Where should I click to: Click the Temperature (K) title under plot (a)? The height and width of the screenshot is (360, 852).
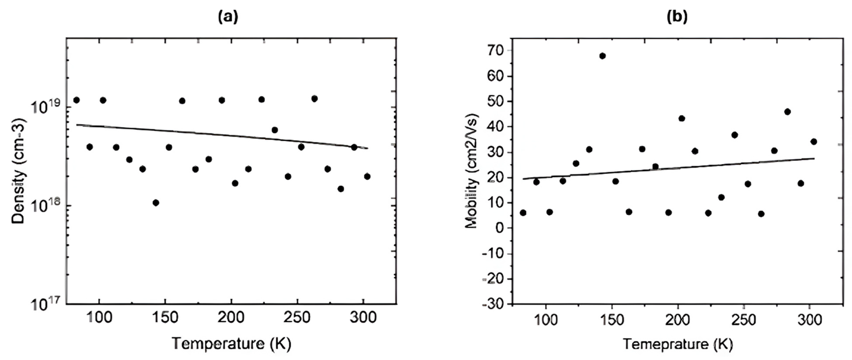point(231,344)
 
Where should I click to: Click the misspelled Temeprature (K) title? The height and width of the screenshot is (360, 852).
point(678,344)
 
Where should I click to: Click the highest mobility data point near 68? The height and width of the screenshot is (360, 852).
point(602,56)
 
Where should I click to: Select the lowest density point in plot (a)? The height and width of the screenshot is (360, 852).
point(156,202)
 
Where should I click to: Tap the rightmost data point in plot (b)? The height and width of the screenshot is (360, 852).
point(814,142)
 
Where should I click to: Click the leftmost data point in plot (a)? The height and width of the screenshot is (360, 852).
point(77,100)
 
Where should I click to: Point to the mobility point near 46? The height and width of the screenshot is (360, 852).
point(787,112)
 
